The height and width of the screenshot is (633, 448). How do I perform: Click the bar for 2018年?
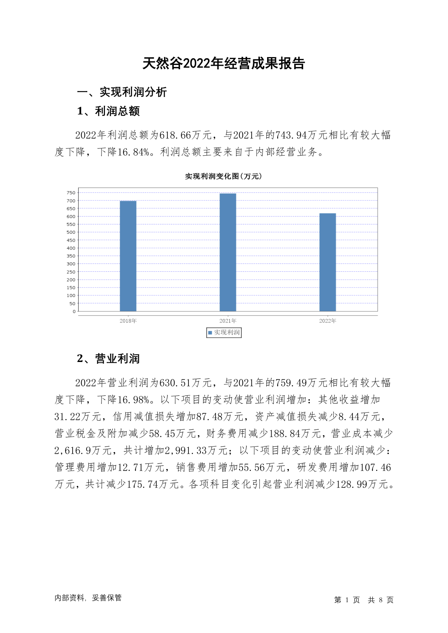tap(128, 256)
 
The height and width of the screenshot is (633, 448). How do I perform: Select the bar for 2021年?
tap(228, 252)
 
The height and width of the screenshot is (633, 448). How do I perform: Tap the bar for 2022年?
tap(327, 262)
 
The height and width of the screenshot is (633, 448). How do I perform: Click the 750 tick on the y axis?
tap(71, 193)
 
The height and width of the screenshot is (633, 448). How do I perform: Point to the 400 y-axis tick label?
tap(71, 248)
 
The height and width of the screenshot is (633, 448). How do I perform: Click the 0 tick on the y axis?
tap(74, 312)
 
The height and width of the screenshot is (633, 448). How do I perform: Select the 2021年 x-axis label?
tap(228, 321)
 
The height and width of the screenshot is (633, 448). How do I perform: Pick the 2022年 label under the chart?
tap(327, 321)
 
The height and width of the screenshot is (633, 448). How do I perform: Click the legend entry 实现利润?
tap(224, 333)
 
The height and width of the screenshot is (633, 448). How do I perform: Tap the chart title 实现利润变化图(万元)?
tap(223, 176)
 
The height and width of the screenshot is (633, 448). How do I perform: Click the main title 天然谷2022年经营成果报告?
tap(223, 64)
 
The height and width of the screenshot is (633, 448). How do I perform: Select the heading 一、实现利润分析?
tap(122, 92)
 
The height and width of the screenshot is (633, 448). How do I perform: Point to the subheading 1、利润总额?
tap(108, 111)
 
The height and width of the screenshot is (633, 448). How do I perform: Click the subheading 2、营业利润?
tap(108, 359)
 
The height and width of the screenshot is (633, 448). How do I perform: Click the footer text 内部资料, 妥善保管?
tap(88, 598)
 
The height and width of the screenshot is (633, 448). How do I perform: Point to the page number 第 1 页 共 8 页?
tap(364, 600)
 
